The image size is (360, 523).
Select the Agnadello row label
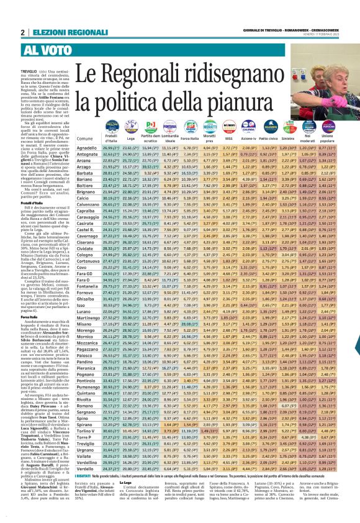pyautogui.click(x=78, y=149)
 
